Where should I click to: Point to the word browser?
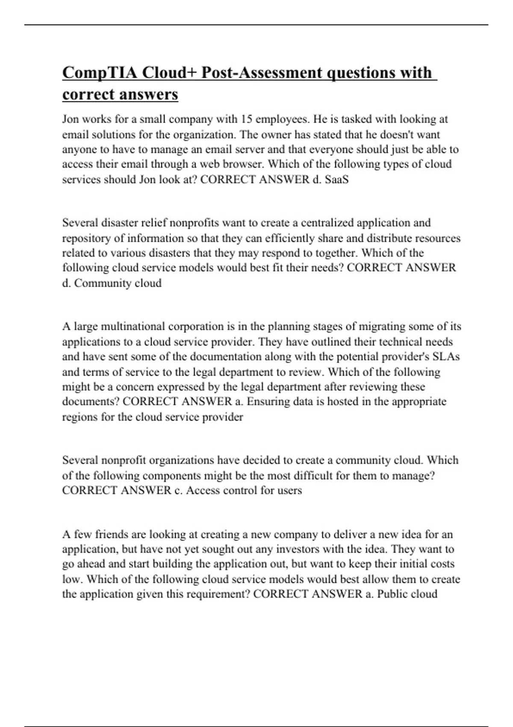click(x=242, y=164)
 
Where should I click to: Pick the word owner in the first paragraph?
click(x=275, y=135)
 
